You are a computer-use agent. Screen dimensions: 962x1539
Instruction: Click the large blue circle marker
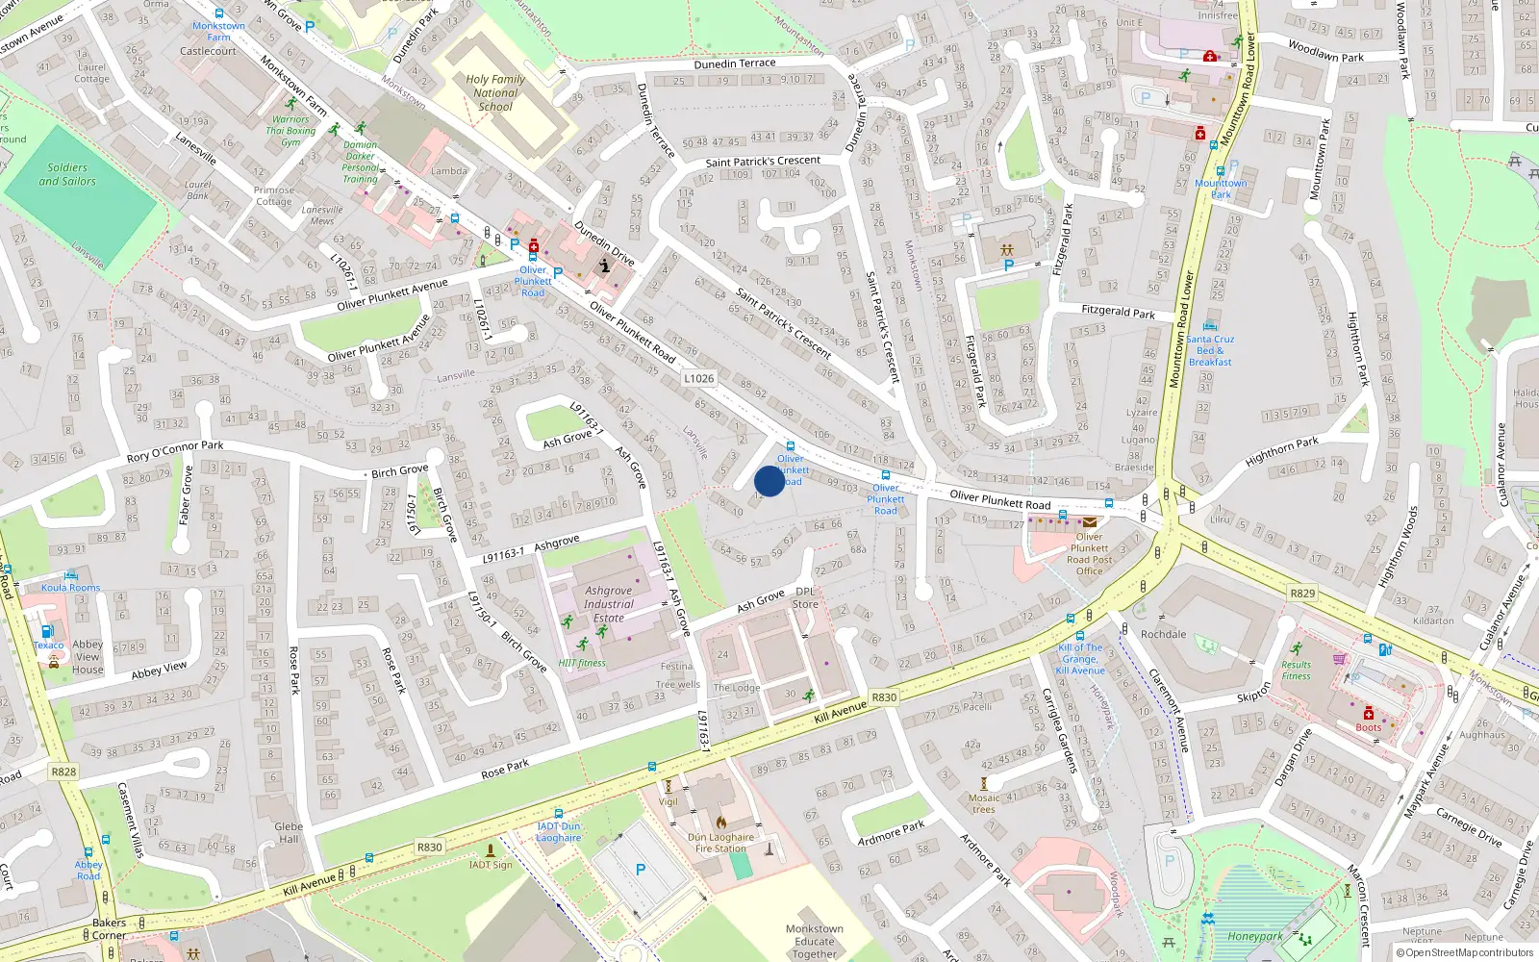point(769,481)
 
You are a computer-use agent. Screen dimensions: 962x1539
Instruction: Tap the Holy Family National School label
point(495,93)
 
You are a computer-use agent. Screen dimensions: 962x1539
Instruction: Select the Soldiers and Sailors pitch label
point(67,174)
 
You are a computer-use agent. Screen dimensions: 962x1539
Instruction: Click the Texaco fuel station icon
point(46,632)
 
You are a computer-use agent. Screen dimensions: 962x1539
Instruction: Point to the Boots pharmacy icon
point(1368,714)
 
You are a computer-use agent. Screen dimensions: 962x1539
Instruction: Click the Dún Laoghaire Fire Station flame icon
point(721,823)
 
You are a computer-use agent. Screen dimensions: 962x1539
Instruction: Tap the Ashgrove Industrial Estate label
point(608,604)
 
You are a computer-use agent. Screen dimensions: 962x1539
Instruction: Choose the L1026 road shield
point(699,378)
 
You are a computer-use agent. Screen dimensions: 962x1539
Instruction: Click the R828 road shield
point(63,772)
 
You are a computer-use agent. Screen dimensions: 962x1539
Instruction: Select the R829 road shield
point(1302,594)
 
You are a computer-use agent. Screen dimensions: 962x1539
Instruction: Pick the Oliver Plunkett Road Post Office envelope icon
point(1089,522)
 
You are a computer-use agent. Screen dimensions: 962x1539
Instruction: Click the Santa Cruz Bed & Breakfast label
point(1210,350)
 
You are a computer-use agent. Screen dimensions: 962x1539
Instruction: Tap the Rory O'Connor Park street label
point(174,451)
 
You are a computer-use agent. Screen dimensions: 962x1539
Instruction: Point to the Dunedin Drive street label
point(604,243)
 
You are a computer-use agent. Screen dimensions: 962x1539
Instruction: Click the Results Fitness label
point(1296,671)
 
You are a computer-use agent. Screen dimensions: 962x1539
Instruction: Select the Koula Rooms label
point(70,588)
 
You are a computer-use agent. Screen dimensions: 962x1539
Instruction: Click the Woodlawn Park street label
point(1325,51)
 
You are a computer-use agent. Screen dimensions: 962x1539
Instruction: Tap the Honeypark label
point(1254,936)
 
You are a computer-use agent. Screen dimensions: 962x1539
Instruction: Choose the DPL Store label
point(805,598)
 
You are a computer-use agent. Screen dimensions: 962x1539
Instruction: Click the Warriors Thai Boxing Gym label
point(290,131)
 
